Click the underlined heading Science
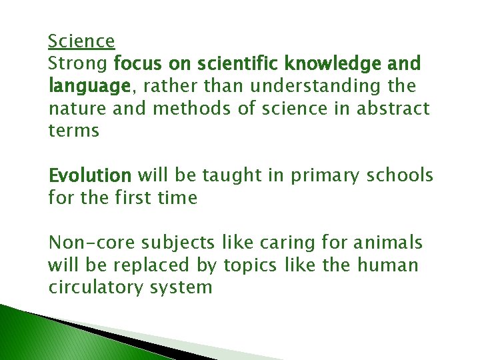[81, 41]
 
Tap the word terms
[73, 131]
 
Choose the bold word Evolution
[90, 175]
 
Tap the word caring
[269, 243]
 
